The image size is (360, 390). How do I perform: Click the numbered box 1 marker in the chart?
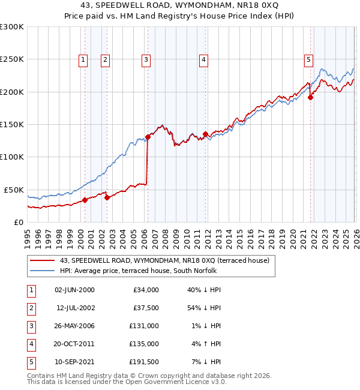click(x=82, y=59)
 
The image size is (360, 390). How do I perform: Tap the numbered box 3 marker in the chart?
click(x=146, y=59)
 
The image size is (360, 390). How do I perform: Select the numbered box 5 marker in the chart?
click(x=308, y=59)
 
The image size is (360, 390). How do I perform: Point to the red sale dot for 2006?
click(x=148, y=137)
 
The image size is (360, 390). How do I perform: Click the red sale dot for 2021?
click(x=310, y=98)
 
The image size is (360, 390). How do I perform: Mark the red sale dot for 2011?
click(x=205, y=134)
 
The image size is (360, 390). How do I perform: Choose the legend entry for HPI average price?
click(x=156, y=270)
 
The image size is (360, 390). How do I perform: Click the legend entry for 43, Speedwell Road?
click(x=165, y=260)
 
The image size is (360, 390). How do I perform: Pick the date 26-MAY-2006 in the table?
click(x=74, y=326)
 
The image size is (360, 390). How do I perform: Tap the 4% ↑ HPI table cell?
click(x=206, y=344)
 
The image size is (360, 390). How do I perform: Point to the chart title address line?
click(x=180, y=5)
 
